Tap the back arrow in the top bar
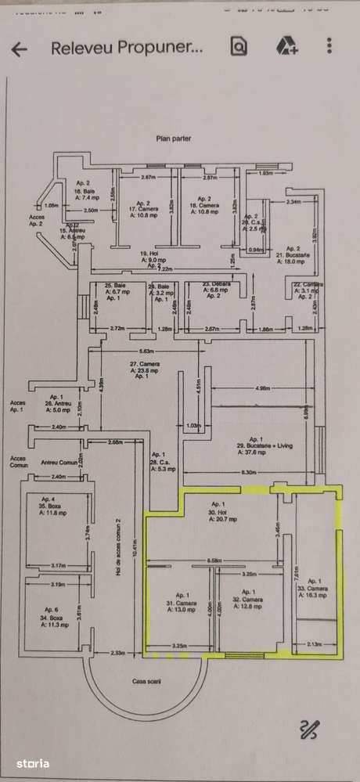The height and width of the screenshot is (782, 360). click(19, 48)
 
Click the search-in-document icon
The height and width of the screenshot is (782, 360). click(238, 47)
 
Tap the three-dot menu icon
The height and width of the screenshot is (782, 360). click(329, 47)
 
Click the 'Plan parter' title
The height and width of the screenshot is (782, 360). click(173, 139)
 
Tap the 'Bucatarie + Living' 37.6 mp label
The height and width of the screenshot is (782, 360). click(255, 445)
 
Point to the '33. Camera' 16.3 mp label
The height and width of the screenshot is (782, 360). click(317, 590)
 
